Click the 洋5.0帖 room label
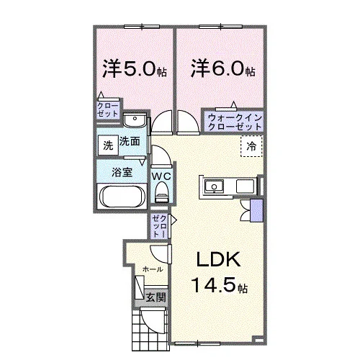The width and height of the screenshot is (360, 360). [135, 68]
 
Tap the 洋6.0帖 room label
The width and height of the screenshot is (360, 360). [223, 68]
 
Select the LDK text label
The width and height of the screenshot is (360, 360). [218, 259]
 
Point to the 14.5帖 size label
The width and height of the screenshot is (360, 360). [220, 285]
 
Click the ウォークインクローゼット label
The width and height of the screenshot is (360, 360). [235, 122]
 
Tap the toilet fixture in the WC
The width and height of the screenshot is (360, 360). [162, 192]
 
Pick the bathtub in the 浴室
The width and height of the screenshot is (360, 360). [122, 197]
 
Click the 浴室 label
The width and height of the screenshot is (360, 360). [122, 172]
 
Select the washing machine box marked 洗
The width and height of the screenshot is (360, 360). [108, 145]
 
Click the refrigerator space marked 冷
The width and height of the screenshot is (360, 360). [251, 146]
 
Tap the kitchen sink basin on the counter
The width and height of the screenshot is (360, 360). [214, 186]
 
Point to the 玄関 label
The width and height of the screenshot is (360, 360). [156, 297]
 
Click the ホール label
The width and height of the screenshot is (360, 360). [153, 269]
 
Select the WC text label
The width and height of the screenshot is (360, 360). [161, 176]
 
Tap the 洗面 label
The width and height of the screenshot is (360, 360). [130, 141]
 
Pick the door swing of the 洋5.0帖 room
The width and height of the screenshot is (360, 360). [162, 122]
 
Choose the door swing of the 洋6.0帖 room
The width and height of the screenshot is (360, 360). [188, 122]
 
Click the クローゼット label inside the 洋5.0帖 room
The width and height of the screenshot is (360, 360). [108, 109]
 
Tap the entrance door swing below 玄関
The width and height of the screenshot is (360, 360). [153, 320]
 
